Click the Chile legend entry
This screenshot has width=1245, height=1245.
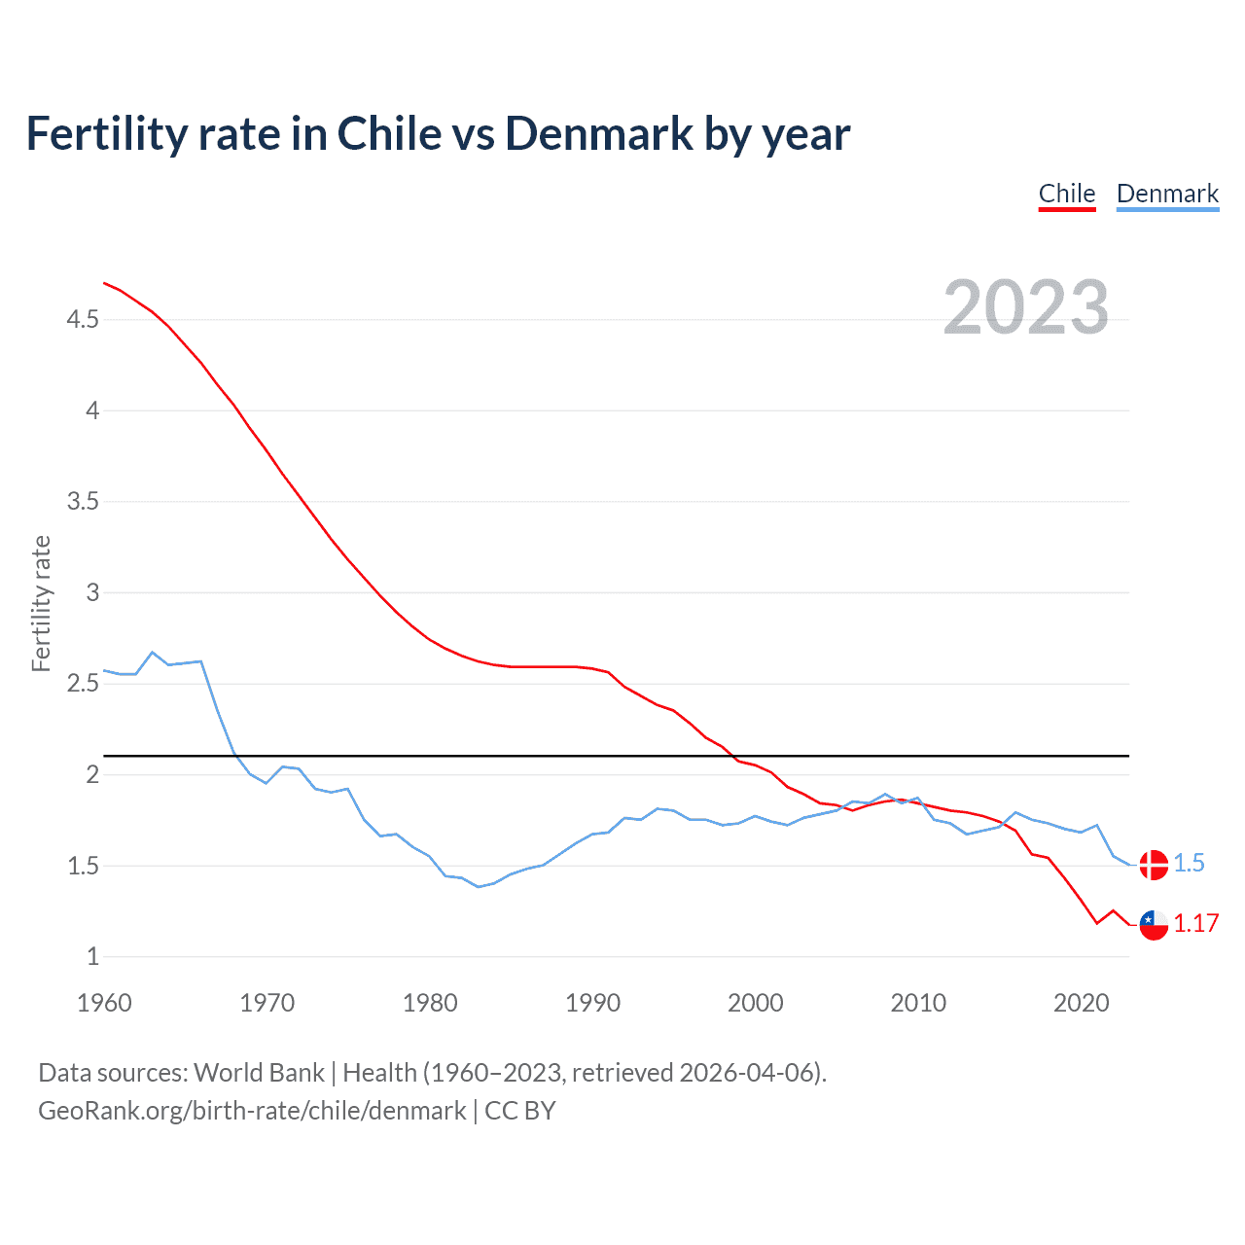1067,194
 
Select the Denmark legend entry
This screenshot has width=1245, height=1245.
1167,194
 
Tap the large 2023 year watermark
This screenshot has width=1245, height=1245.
1026,307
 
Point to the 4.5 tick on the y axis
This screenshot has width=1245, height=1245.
83,319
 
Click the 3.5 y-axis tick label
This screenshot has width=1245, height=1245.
83,501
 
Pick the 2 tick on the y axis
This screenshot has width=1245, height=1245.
93,774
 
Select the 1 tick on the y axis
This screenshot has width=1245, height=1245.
93,956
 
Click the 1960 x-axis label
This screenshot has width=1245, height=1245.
104,1003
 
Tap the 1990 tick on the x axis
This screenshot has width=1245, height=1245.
592,1003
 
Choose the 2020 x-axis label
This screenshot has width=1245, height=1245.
1081,1003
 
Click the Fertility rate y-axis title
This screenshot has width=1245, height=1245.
41,603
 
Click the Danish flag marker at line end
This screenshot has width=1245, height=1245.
1154,864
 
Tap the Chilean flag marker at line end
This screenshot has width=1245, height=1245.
1154,925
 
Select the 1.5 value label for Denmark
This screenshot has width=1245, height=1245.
1189,863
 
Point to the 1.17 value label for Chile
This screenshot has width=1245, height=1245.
1195,923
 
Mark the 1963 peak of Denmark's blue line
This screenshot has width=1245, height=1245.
153,653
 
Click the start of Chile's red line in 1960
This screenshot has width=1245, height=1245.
104,283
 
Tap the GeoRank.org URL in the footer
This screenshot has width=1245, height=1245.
252,1111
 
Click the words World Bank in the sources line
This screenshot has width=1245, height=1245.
259,1072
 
